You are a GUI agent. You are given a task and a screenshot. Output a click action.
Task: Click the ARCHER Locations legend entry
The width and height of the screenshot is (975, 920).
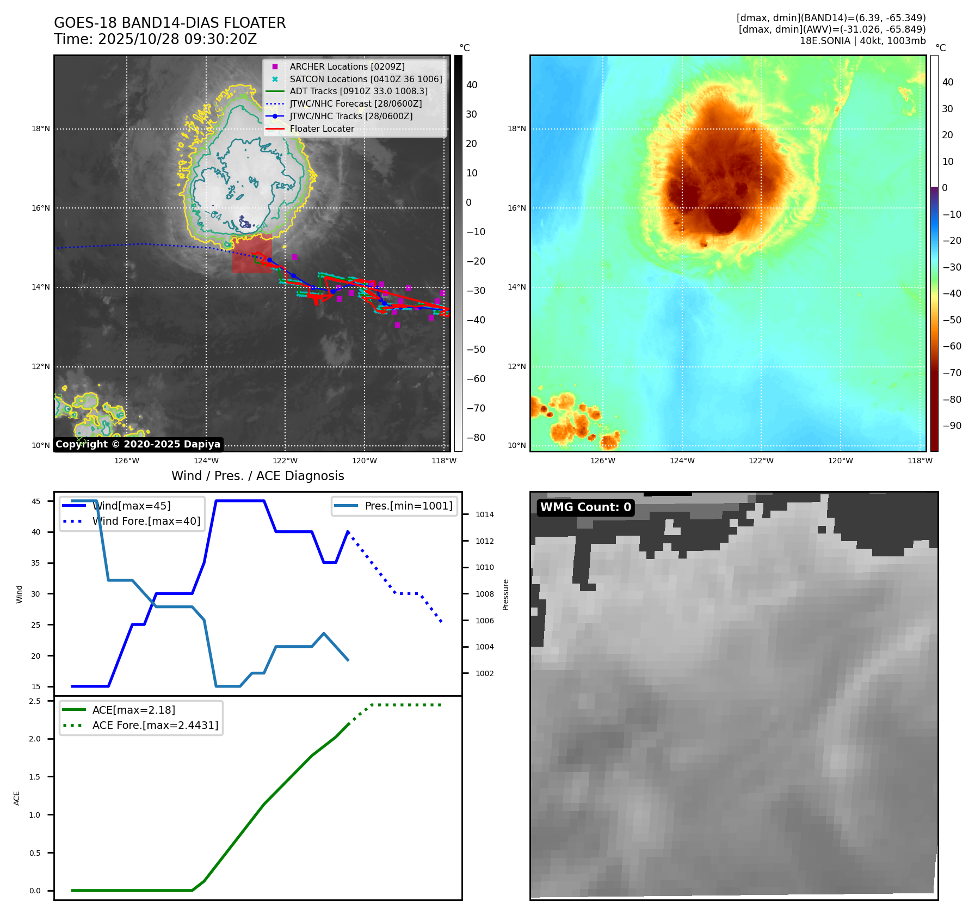click(x=347, y=66)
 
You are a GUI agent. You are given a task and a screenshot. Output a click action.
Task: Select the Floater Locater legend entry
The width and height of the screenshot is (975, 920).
click(x=322, y=129)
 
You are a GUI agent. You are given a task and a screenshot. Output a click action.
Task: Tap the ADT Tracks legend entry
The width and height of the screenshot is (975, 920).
click(x=358, y=91)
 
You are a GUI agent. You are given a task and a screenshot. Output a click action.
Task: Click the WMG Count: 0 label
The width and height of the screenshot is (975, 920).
click(x=585, y=507)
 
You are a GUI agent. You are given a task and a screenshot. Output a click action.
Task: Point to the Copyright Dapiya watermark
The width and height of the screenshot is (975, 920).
click(x=138, y=444)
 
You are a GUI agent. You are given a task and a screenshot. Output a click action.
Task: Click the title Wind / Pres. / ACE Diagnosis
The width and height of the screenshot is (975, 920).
click(x=257, y=476)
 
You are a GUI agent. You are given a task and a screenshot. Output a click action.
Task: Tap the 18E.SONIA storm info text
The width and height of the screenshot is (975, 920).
click(x=862, y=41)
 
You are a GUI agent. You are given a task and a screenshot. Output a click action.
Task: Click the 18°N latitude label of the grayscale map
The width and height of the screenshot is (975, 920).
click(x=41, y=129)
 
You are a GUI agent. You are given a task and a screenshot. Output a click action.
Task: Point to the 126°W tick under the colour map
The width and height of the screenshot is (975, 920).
click(x=603, y=461)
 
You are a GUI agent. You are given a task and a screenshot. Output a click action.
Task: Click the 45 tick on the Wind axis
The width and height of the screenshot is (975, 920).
click(x=36, y=501)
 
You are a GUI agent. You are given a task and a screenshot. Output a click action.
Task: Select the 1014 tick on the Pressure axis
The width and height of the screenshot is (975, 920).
click(x=485, y=514)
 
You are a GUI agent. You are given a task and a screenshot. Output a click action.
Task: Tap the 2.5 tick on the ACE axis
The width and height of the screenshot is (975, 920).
click(x=35, y=701)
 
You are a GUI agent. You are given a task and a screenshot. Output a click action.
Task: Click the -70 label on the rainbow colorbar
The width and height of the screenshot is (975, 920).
click(x=952, y=373)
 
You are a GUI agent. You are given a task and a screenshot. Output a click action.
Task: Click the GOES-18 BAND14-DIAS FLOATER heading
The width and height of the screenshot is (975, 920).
click(x=170, y=23)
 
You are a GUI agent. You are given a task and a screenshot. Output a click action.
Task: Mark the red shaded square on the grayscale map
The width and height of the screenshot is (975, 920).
click(x=252, y=256)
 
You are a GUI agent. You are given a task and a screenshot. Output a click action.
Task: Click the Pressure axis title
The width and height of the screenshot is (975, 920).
click(x=506, y=594)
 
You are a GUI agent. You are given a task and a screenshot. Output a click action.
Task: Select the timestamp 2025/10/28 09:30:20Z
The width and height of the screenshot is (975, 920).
click(x=177, y=40)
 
